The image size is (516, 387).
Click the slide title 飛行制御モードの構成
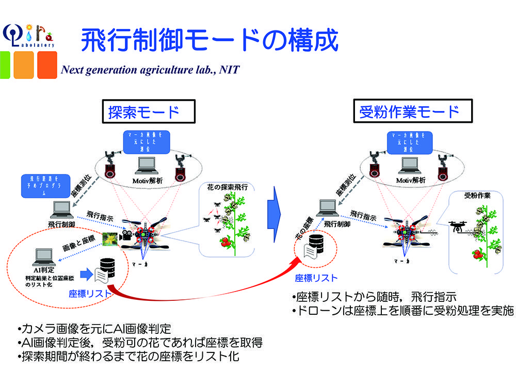(x=209, y=40)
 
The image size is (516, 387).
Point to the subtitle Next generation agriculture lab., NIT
(x=150, y=70)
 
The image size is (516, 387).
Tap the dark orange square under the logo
(x=47, y=64)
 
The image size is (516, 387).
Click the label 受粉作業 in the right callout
(x=477, y=196)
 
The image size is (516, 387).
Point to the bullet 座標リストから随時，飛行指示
(x=374, y=298)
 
